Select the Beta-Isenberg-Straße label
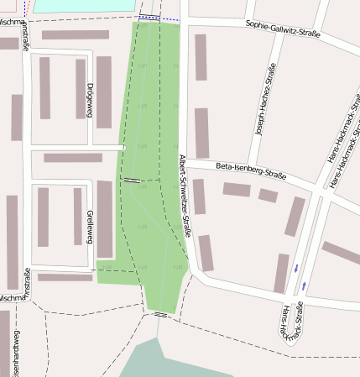[251, 170]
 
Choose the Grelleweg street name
[89, 228]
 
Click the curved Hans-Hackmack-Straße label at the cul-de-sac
[290, 323]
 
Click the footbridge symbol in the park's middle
[133, 180]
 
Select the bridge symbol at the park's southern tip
[160, 315]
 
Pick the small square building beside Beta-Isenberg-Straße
[268, 196]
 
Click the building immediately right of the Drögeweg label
[104, 92]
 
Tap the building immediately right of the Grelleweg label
[104, 218]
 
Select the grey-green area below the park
[168, 361]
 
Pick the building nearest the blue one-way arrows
[281, 273]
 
